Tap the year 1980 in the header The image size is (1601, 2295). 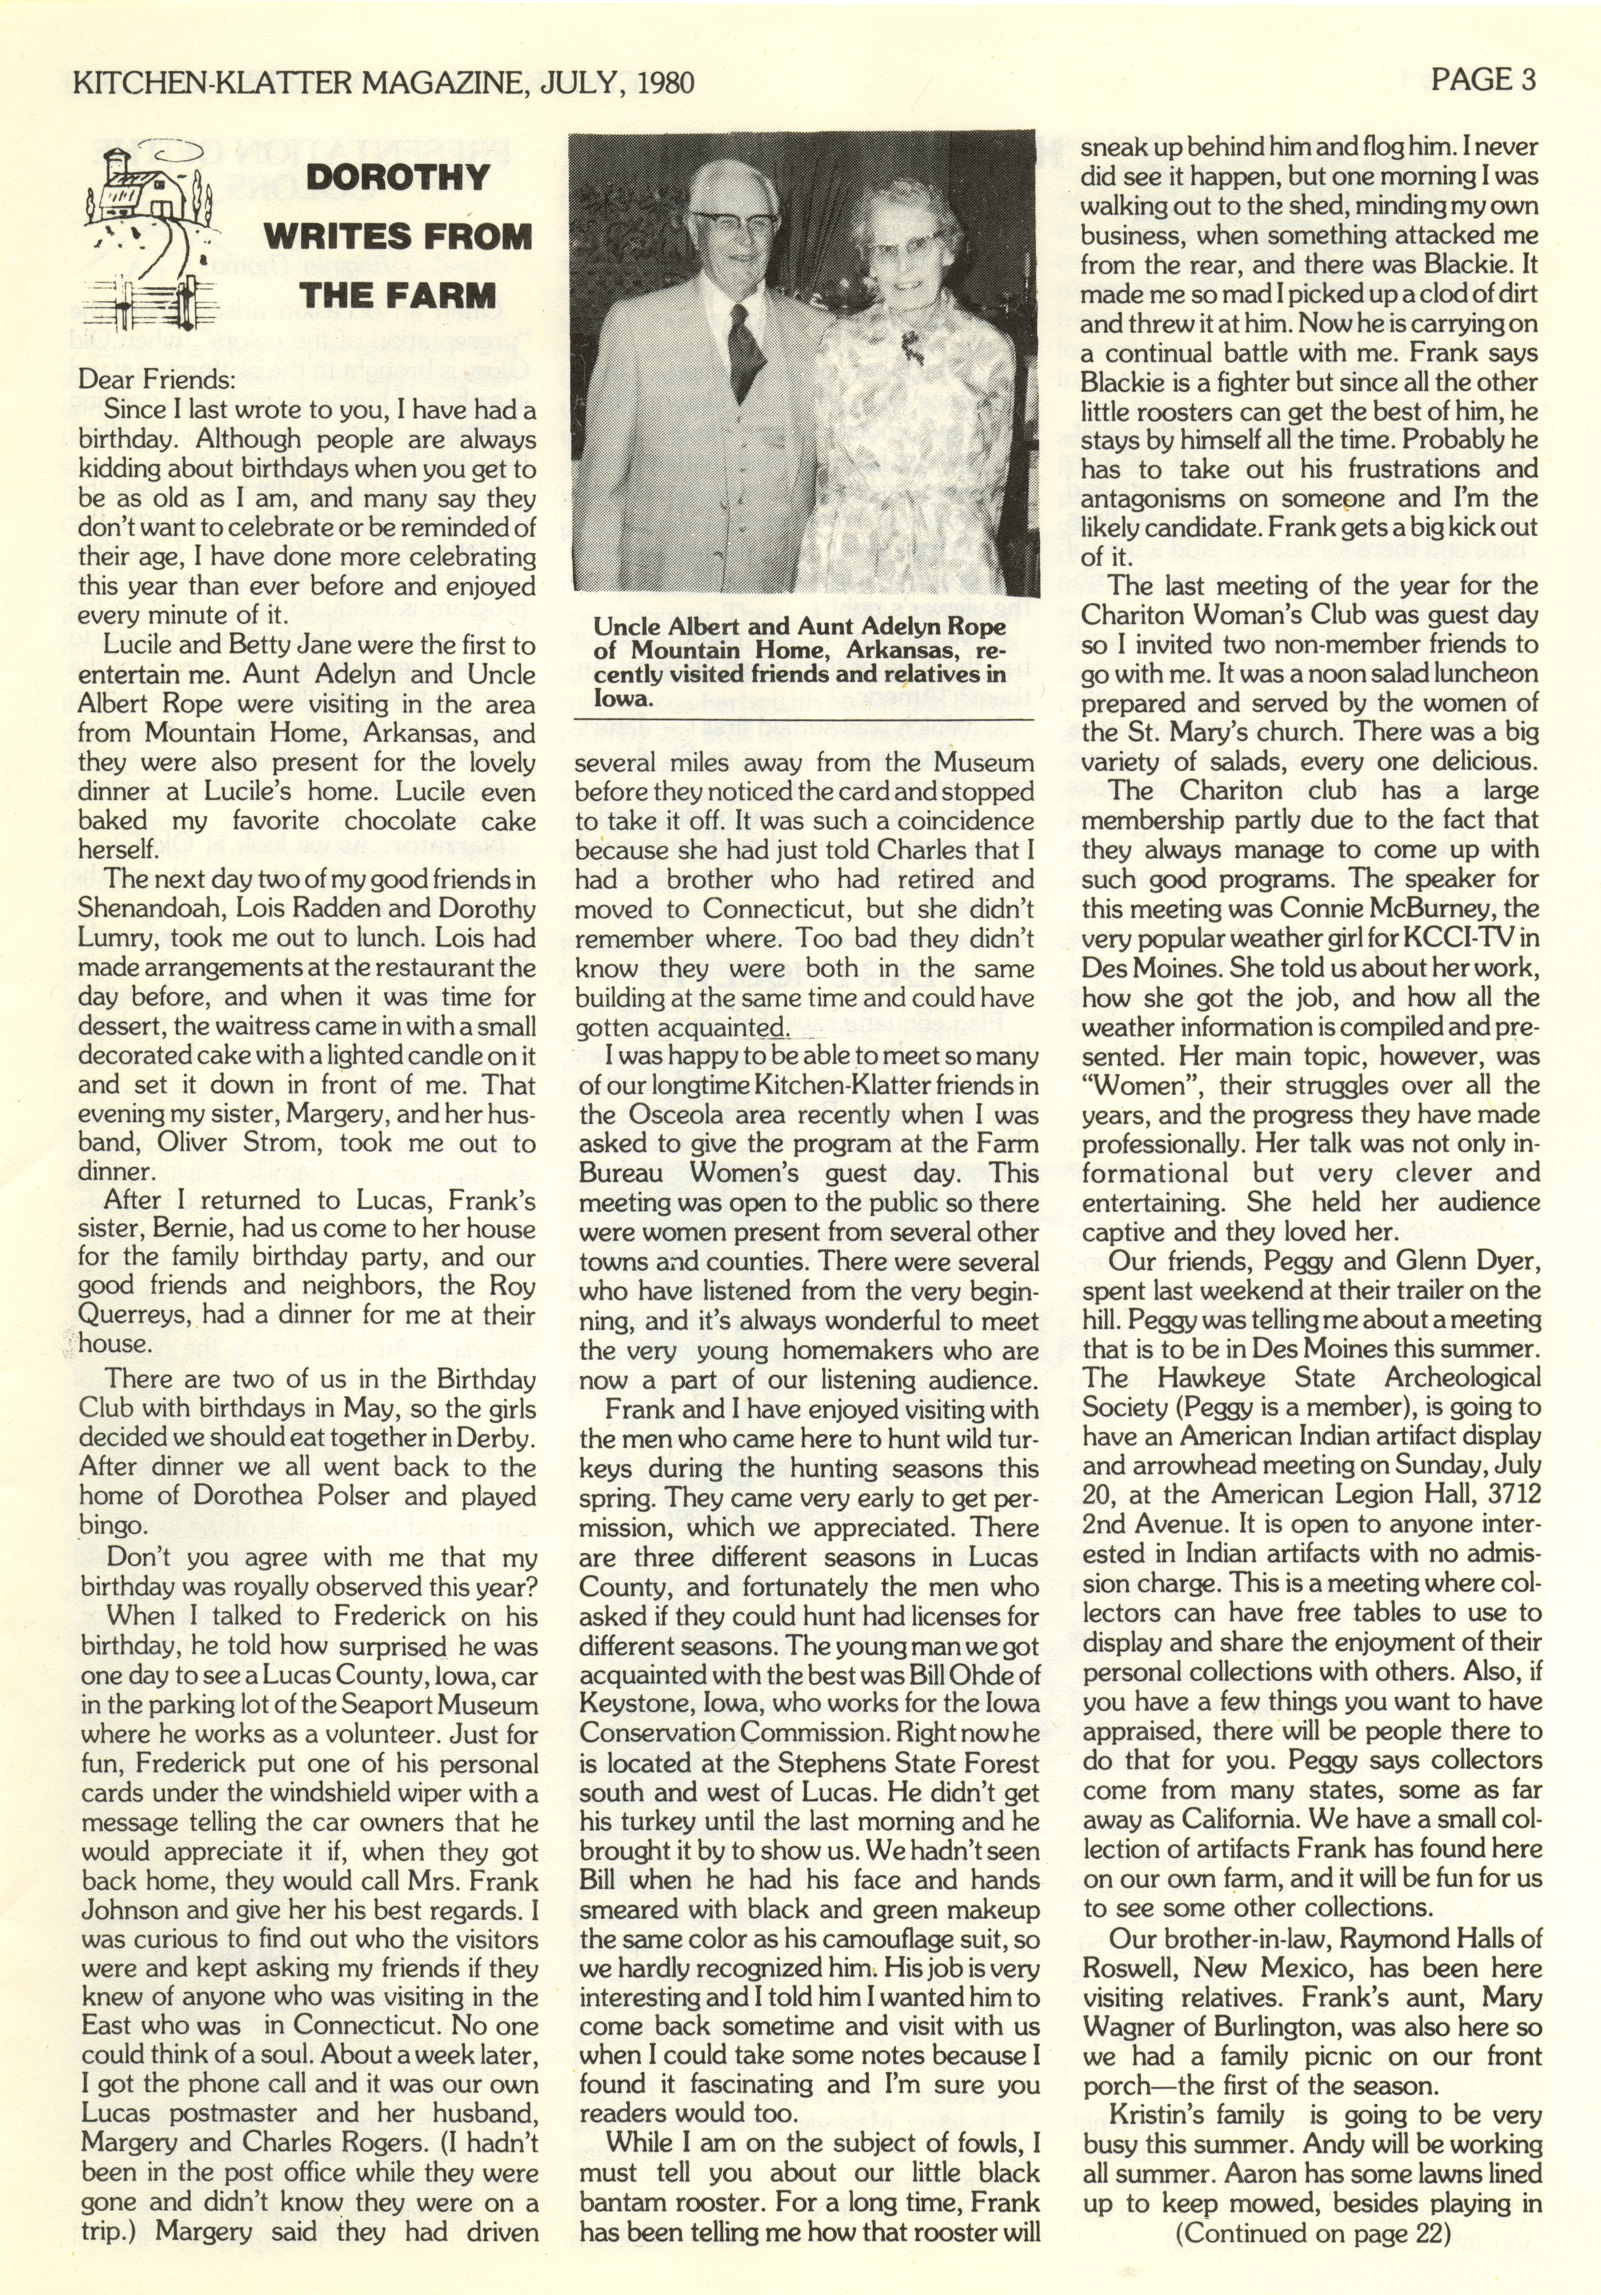click(x=659, y=82)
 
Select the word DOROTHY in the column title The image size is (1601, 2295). click(x=398, y=178)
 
